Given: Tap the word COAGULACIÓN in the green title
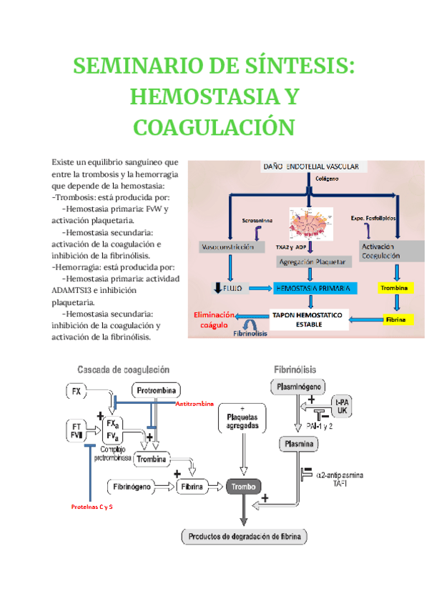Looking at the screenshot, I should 214,127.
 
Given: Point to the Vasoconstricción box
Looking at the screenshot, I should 227,247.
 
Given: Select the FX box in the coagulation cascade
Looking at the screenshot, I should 78,391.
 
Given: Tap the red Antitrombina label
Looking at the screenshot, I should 194,404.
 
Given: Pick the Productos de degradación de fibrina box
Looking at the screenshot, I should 245,535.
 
